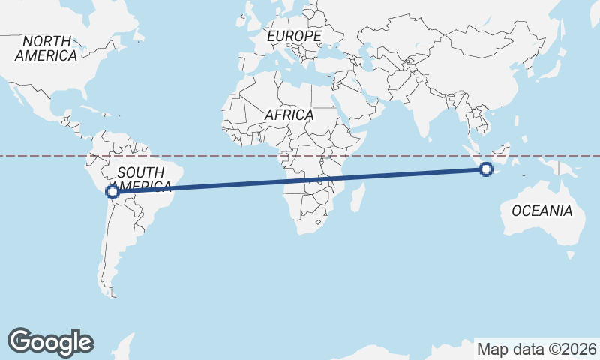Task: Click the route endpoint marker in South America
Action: tap(112, 192)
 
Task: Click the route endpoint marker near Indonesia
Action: tap(486, 169)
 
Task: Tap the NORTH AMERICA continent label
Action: tap(46, 48)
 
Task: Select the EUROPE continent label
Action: tap(294, 36)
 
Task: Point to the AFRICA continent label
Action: tap(289, 115)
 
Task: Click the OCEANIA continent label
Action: tap(541, 211)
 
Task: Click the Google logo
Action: tap(50, 341)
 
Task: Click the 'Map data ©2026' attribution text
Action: tap(537, 349)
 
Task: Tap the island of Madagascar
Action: tap(358, 196)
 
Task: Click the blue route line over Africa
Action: tap(300, 181)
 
